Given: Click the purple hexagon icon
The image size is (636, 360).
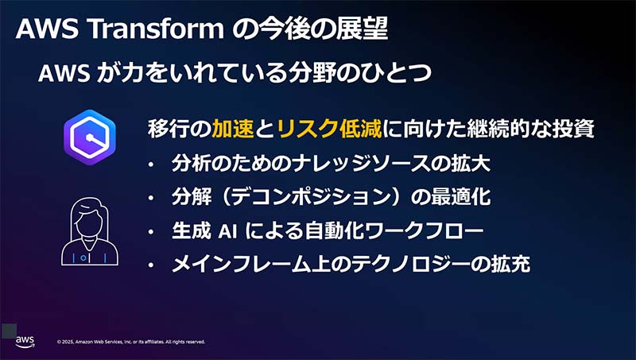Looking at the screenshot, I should [90, 137].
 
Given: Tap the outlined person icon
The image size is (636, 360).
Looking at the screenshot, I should [90, 230].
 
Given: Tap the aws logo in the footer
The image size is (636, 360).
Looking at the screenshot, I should [25, 341].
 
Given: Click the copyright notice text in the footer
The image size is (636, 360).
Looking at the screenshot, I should [131, 343].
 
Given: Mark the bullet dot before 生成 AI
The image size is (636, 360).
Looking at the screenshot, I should [152, 232].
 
